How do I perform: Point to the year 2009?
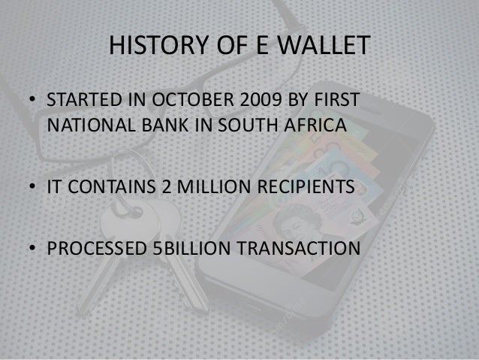tap(256, 102)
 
